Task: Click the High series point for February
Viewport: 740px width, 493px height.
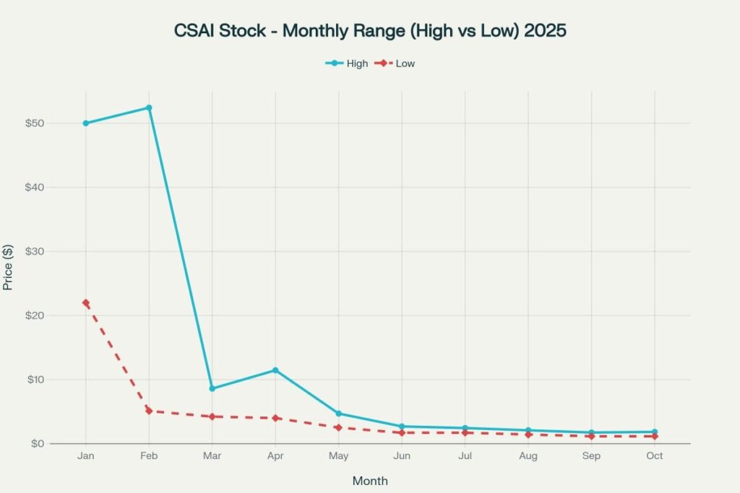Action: [149, 108]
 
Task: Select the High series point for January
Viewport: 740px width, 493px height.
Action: [86, 123]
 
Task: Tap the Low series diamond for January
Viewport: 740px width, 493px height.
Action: [86, 303]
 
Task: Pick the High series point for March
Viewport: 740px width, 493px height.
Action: [212, 388]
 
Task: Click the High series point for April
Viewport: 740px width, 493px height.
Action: [275, 370]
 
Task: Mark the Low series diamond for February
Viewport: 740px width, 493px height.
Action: [149, 411]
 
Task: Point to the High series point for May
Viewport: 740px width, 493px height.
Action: [338, 414]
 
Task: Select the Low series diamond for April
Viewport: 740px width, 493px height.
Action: [275, 418]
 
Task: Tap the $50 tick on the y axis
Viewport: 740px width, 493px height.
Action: [35, 123]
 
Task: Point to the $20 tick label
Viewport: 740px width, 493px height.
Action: [35, 315]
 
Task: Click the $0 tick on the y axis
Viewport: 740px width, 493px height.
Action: [37, 443]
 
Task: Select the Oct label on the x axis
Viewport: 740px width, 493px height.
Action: [655, 456]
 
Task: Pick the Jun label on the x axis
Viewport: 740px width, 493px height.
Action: [402, 456]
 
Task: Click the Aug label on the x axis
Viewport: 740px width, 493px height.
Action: [528, 456]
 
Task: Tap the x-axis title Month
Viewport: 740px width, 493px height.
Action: [370, 480]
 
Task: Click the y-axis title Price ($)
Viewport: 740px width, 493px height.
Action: [9, 267]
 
